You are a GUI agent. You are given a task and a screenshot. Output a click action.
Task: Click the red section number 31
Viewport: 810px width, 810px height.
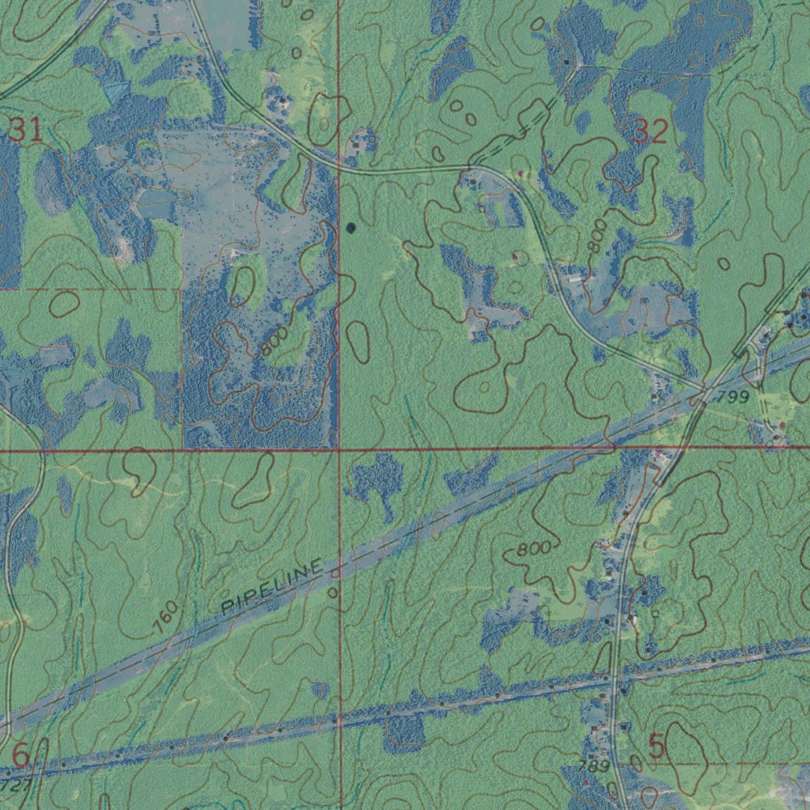click(25, 130)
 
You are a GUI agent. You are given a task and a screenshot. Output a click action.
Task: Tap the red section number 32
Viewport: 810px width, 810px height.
click(650, 132)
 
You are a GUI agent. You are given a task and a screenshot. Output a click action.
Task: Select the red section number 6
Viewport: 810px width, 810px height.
click(21, 755)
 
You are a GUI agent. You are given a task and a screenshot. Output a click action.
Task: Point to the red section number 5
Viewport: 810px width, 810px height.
click(657, 746)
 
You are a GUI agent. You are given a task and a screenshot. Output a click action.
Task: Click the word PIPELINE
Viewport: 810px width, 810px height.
click(273, 588)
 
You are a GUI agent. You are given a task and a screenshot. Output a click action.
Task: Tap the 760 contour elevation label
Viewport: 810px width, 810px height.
click(167, 618)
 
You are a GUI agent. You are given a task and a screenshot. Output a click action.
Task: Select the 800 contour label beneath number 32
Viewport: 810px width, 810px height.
click(599, 237)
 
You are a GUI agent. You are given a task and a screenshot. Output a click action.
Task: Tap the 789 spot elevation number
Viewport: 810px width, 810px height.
click(593, 766)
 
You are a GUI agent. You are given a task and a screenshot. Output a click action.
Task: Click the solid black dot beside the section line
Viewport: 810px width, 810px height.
click(350, 228)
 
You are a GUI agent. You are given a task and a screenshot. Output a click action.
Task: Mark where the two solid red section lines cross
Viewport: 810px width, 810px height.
click(339, 450)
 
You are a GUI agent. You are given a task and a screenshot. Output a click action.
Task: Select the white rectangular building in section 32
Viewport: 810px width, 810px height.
click(575, 278)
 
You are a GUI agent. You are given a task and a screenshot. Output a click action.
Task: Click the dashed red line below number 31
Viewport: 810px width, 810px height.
click(87, 290)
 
